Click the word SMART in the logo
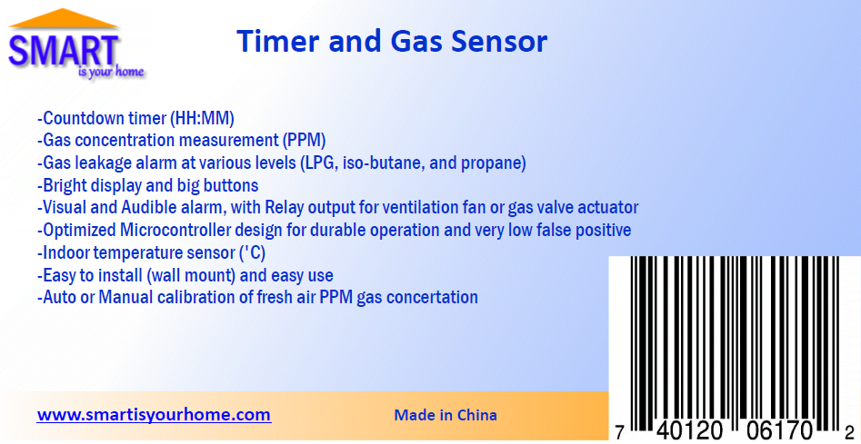pos(64,49)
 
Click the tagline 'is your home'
pos(111,72)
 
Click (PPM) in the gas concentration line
pos(304,141)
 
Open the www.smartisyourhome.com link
pos(154,415)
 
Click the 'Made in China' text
pos(446,415)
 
